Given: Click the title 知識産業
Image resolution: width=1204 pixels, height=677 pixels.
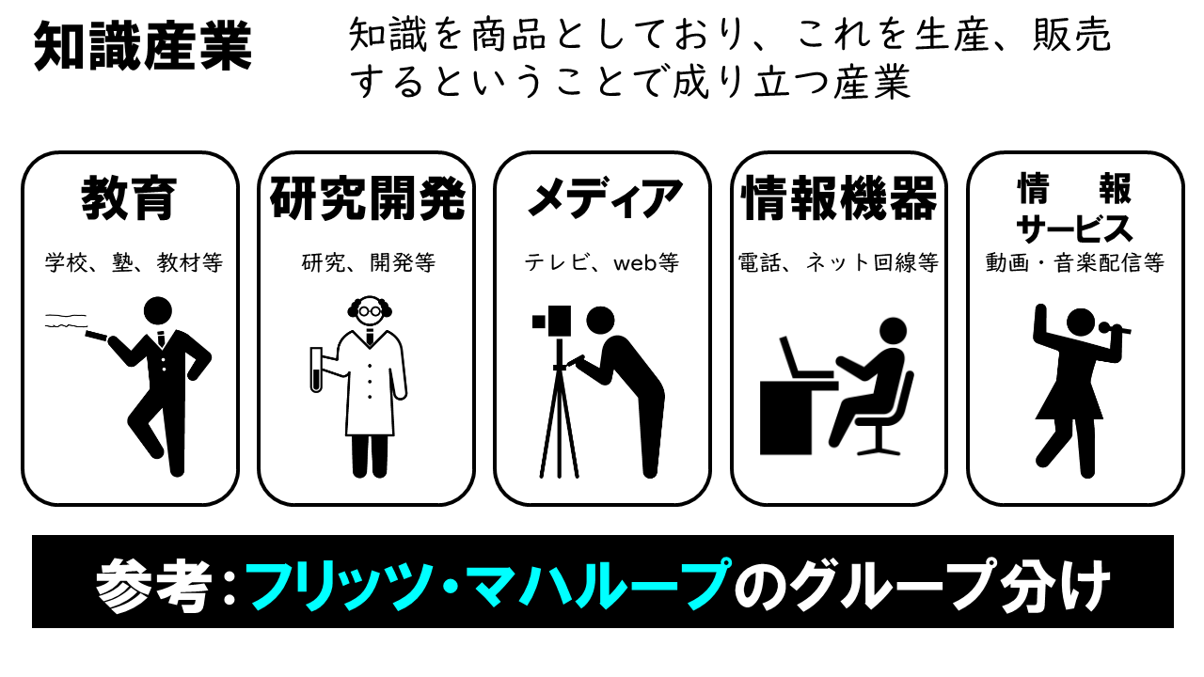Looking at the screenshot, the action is pos(143,46).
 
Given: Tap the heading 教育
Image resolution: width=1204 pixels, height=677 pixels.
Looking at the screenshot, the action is pos(129,197).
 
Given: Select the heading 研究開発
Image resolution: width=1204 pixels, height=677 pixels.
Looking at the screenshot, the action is pos(368,197).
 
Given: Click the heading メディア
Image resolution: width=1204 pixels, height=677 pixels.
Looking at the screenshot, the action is pos(604,197).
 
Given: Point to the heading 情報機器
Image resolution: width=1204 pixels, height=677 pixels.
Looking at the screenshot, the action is pos(839,197).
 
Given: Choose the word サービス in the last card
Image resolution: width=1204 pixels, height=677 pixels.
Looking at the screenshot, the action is pos(1075,228).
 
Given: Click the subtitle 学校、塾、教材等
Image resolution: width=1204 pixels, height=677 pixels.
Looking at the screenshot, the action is pos(134,262).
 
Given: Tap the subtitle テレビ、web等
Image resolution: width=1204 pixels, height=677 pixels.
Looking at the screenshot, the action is pos(601,262).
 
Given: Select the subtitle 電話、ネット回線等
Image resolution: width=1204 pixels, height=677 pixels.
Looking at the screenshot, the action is pos(838,262).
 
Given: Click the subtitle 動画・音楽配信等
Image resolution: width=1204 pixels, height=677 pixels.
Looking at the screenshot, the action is pos(1075,262).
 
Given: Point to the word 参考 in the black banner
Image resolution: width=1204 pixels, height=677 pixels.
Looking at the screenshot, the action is pos(152,585).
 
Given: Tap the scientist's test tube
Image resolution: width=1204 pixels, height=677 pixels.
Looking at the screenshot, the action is pos(317,370).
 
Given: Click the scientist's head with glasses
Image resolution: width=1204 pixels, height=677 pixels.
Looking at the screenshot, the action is pos(370,311).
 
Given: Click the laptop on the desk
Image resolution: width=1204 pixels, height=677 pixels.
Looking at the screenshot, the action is pos(806,359).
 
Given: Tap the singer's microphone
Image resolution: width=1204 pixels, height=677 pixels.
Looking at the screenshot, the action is pos(1114,328).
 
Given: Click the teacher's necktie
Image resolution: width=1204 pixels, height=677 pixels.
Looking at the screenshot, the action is pos(161,339).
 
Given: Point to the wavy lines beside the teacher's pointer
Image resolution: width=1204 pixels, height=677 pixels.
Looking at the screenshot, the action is pos(66,321).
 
